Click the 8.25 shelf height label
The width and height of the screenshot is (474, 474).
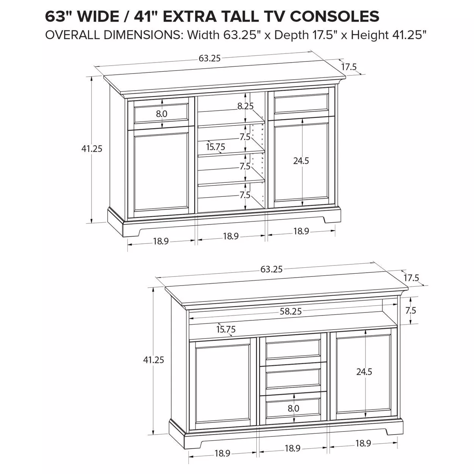245,106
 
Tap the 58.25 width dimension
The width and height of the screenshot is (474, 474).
290,311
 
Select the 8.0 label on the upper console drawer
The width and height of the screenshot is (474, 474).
162,114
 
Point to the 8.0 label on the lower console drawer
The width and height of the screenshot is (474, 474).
294,408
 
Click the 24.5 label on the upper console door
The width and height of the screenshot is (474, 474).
301,161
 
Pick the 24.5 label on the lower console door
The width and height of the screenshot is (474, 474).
364,372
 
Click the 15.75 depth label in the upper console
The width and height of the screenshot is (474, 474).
215,147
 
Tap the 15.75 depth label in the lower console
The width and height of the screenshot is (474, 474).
226,329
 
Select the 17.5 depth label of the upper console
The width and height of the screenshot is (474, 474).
349,67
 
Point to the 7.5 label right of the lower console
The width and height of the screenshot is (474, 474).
411,311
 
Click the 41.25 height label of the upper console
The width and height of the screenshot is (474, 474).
92,149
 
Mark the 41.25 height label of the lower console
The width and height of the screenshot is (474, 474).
154,360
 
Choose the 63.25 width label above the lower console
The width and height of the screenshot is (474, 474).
271,269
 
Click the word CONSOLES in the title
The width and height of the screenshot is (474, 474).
335,16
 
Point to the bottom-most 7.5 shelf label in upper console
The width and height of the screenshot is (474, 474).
245,195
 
